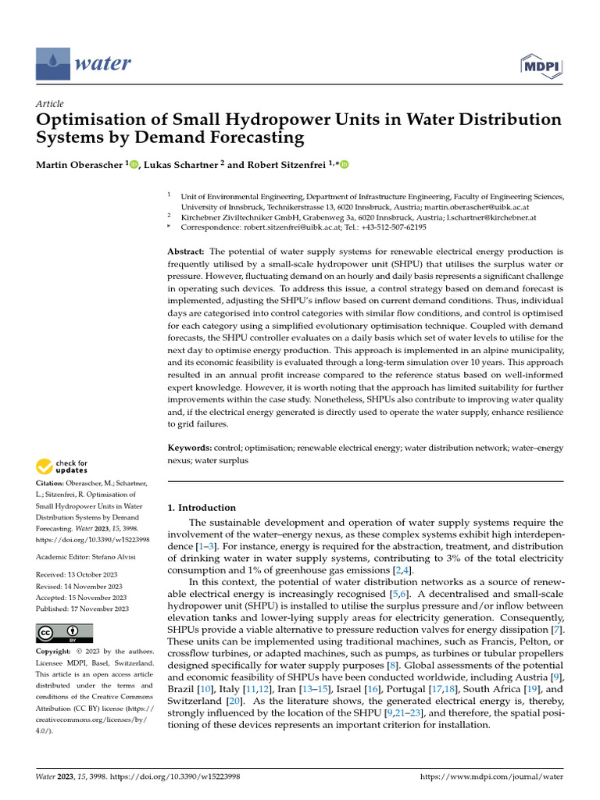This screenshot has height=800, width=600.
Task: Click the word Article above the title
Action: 50,104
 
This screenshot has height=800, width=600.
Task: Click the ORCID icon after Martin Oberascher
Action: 134,163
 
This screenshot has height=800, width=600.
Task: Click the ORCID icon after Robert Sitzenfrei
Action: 344,163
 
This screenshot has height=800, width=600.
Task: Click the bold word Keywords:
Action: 190,448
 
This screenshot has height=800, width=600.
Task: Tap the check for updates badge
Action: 62,468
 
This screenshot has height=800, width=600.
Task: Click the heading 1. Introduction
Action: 202,507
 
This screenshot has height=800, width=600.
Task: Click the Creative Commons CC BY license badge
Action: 64,633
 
